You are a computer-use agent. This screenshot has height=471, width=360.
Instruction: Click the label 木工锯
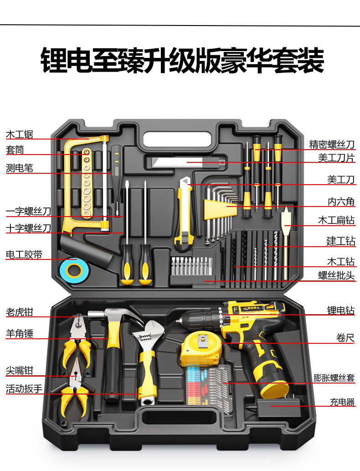click(19, 135)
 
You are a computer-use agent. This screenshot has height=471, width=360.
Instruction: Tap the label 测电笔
click(19, 168)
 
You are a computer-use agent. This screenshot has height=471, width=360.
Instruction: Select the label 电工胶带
click(24, 255)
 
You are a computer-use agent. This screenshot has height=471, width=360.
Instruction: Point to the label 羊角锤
click(19, 334)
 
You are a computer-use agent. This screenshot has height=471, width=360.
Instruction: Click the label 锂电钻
click(340, 311)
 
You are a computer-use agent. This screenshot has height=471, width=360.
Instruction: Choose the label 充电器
click(342, 402)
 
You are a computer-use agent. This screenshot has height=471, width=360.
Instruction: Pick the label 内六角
click(340, 202)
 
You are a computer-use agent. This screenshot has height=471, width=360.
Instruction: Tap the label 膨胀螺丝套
click(334, 378)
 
